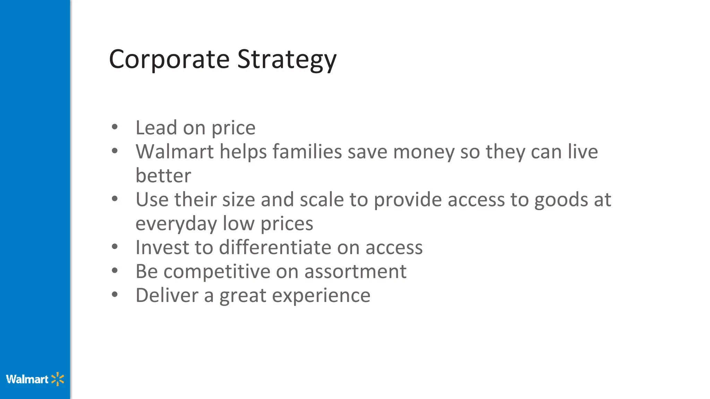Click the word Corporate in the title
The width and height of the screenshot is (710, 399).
click(x=169, y=60)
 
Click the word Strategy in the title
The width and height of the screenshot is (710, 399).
click(x=287, y=60)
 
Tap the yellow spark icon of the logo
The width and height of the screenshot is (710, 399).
click(x=58, y=379)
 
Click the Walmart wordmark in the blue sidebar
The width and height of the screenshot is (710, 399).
click(x=27, y=379)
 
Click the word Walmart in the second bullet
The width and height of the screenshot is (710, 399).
click(x=174, y=152)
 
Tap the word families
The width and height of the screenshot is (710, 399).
click(x=307, y=152)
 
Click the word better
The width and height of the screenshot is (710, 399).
click(x=163, y=176)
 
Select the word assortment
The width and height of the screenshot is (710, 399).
click(x=355, y=272)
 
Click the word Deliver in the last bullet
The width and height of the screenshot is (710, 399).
click(x=167, y=295)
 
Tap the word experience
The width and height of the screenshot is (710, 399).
click(x=321, y=296)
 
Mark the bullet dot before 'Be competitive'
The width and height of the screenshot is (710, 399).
click(x=115, y=271)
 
